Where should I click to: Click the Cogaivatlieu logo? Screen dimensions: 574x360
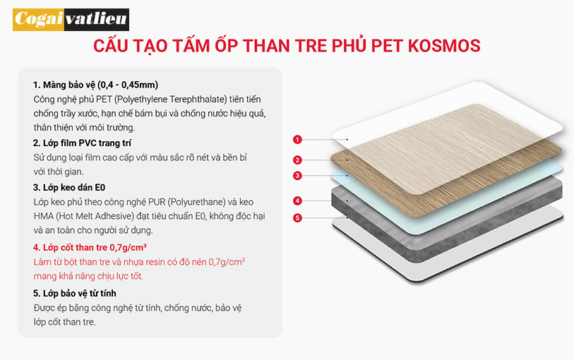point(71,19)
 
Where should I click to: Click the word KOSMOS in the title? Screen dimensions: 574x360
point(444,46)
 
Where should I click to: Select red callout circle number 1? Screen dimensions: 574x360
point(297,139)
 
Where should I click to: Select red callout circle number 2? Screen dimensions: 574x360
point(297,160)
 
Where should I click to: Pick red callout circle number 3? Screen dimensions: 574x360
point(297,176)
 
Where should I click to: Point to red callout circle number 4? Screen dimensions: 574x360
point(297,200)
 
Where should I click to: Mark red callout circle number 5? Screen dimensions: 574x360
point(297,218)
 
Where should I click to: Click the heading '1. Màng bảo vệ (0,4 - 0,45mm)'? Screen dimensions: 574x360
point(95,85)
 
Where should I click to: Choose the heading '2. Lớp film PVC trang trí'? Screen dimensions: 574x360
point(82,143)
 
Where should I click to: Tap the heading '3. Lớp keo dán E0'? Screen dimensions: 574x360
point(69,188)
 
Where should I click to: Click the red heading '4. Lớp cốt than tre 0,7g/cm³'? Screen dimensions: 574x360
point(90,247)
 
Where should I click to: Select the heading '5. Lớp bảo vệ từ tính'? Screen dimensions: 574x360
point(75,294)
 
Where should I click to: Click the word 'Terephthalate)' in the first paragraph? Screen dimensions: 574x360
point(198,100)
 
